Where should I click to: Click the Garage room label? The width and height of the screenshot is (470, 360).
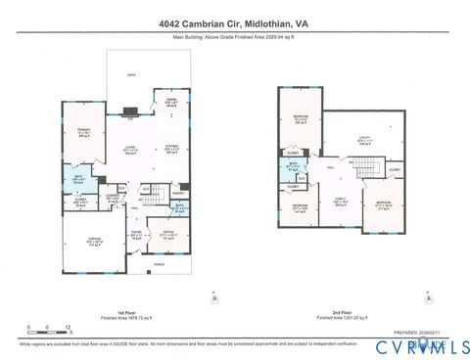(x=83, y=243)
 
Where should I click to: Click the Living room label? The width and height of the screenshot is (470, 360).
(x=128, y=150)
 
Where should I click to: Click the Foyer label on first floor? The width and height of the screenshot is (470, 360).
(x=135, y=235)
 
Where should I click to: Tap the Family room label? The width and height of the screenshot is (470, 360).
(x=342, y=202)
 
